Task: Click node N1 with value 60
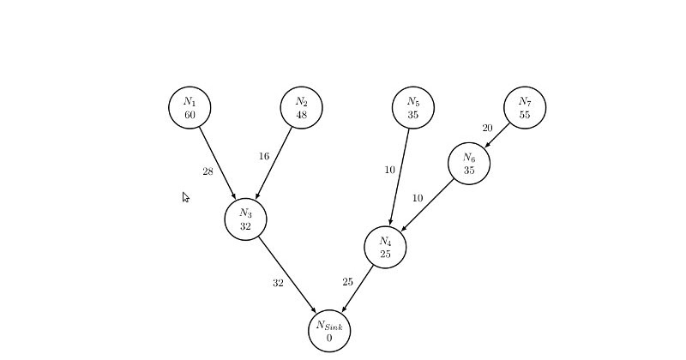190,107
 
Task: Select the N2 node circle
301,107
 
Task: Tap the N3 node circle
245,219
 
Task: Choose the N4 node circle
385,247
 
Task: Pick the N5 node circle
413,107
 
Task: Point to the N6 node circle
469,163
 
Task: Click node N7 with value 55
525,107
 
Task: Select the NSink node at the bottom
329,331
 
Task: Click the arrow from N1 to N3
218,164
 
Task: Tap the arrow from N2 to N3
274,164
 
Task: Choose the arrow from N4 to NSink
358,289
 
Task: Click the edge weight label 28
208,171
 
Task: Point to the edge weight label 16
263,157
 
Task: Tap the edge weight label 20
487,129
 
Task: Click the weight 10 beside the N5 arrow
389,170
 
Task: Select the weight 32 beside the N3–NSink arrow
278,283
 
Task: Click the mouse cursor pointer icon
185,197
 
